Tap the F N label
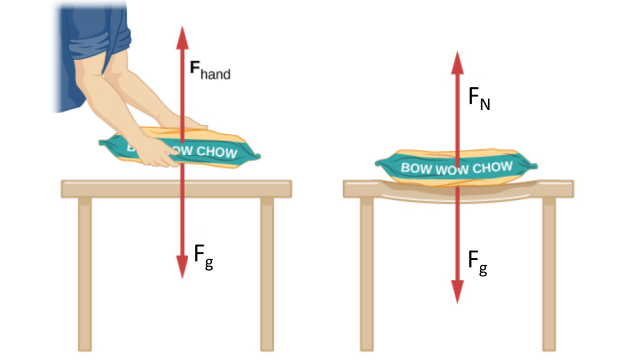pyautogui.click(x=479, y=99)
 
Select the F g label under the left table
pyautogui.click(x=204, y=257)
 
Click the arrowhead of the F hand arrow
pyautogui.click(x=182, y=38)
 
